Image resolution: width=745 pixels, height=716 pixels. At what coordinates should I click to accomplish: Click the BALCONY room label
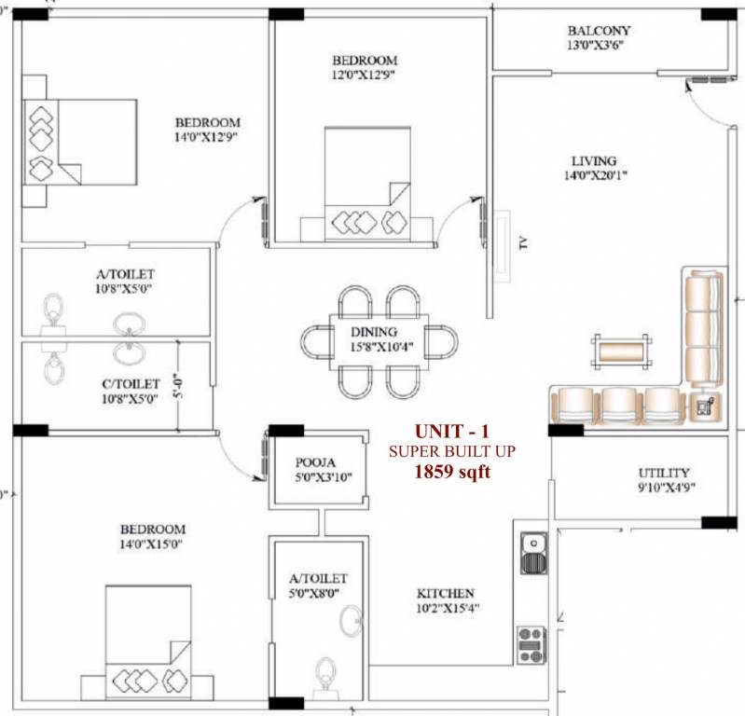click(599, 30)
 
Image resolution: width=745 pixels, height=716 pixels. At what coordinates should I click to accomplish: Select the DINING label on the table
click(374, 331)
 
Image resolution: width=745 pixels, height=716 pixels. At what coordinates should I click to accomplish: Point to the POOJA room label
click(316, 462)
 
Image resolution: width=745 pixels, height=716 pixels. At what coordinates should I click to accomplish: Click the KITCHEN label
click(445, 593)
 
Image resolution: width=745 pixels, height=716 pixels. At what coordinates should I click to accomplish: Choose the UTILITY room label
click(664, 472)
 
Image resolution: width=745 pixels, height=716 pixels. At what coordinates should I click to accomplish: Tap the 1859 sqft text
click(451, 471)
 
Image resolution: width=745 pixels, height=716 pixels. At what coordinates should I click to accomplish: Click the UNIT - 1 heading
click(451, 431)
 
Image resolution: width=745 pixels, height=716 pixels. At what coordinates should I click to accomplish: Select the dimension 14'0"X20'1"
click(595, 175)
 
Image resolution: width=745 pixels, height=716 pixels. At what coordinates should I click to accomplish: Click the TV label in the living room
click(523, 244)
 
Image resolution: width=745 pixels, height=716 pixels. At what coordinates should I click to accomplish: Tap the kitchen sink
click(531, 551)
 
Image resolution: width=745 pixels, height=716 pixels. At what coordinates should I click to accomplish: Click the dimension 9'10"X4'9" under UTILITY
click(666, 487)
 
